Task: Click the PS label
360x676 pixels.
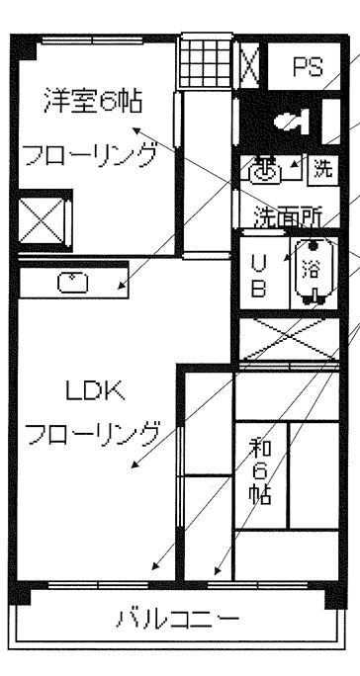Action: tap(309, 67)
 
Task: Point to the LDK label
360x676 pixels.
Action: tap(94, 392)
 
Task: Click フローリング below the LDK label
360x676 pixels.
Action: tap(92, 433)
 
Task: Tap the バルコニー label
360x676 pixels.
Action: tap(177, 621)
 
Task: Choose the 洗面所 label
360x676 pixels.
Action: tap(284, 214)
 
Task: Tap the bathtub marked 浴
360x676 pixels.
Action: tap(311, 271)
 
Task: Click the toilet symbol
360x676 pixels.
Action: tap(293, 121)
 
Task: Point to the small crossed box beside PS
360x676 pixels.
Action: tap(251, 67)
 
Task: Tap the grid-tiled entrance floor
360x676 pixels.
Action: tap(205, 63)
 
